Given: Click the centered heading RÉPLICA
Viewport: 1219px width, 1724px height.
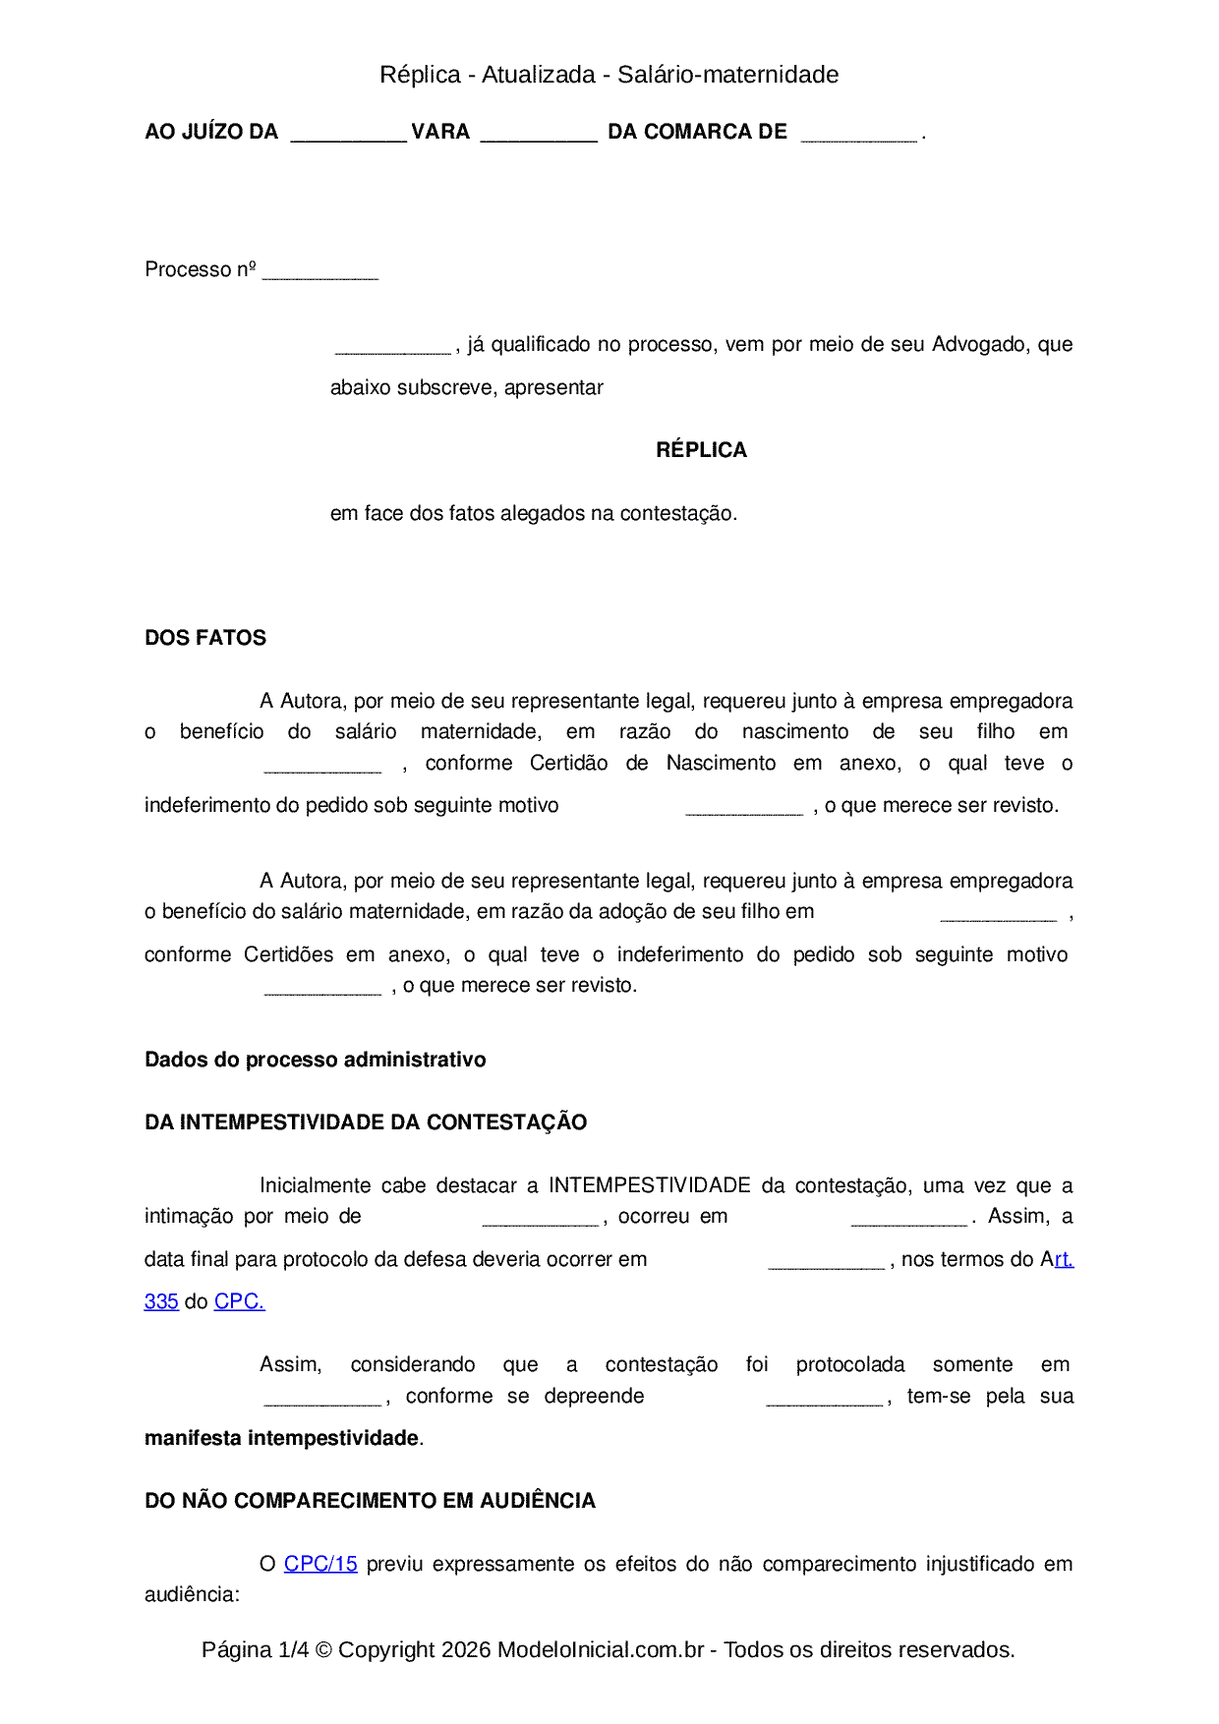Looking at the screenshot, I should (x=701, y=450).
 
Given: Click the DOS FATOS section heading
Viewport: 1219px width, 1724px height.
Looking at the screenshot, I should (x=205, y=638).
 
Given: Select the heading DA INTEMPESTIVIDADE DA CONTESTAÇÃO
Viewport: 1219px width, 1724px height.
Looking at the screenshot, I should (x=366, y=1122).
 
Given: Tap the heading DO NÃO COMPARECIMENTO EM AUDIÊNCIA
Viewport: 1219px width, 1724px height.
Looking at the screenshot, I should (x=370, y=1501).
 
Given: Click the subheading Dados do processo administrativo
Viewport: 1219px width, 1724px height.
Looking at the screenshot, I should (x=315, y=1060).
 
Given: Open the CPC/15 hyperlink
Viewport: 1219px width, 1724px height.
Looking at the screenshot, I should (x=320, y=1564).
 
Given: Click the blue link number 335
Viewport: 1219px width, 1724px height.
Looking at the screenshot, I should (x=161, y=1302).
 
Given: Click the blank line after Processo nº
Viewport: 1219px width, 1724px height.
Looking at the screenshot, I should (x=320, y=272).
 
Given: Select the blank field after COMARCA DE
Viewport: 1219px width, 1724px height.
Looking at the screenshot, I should (x=859, y=135).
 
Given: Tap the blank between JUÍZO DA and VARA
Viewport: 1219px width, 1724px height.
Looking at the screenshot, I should (x=348, y=135).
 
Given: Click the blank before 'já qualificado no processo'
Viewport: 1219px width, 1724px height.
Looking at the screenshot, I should (x=392, y=347).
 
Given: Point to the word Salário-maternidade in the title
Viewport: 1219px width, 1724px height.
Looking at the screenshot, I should (x=727, y=75).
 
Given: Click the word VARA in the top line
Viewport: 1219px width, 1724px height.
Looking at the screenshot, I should (x=440, y=132).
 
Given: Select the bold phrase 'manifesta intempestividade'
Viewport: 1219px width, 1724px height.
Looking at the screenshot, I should (x=282, y=1438).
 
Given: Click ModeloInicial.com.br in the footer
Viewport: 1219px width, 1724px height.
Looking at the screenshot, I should (x=601, y=1649).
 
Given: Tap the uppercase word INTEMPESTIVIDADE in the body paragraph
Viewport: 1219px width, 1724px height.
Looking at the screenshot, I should (x=650, y=1185).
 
